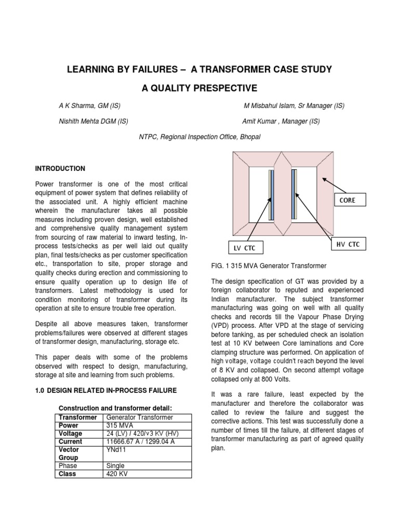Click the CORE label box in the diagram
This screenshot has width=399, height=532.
tap(348, 200)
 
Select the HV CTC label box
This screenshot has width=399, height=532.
tap(348, 244)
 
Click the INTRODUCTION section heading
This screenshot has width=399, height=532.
tap(60, 169)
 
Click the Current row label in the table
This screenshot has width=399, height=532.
tap(71, 442)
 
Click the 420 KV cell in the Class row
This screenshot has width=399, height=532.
tap(116, 474)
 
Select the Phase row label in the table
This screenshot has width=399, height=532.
tap(69, 466)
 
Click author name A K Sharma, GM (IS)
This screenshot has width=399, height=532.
tap(89, 106)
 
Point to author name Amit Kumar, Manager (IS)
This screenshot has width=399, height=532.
tap(281, 122)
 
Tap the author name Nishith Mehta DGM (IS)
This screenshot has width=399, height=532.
tap(93, 122)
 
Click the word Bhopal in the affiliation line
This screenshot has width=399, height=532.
tap(250, 137)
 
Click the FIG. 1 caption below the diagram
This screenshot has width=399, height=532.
tap(268, 266)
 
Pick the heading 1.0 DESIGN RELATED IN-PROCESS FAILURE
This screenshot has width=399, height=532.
tap(105, 390)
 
